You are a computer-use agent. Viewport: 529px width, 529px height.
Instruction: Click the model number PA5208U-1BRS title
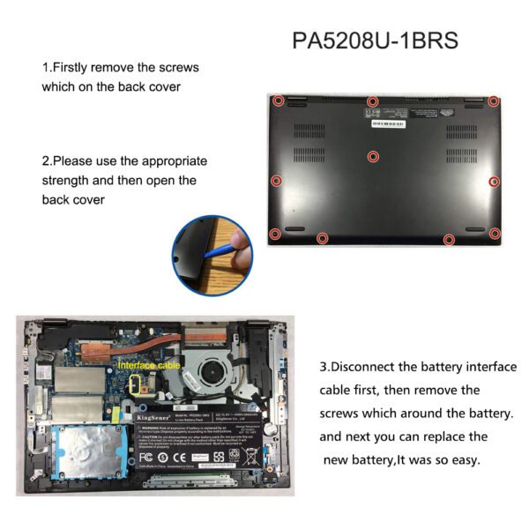375,41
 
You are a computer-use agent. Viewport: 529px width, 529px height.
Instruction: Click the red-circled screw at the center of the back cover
373,156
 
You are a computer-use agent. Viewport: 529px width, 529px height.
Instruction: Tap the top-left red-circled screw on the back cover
278,101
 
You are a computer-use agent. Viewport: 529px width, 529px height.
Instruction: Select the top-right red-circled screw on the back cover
495,102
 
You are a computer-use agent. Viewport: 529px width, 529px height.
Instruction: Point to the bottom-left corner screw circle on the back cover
274,234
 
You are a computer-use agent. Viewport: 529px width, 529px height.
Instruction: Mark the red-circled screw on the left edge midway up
276,181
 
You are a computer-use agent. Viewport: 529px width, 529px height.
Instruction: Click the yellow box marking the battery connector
138,382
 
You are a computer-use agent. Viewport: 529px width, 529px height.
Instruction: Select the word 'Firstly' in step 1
72,67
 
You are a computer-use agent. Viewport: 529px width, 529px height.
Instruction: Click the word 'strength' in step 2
69,181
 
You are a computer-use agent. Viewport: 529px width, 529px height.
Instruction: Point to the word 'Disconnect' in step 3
366,366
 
